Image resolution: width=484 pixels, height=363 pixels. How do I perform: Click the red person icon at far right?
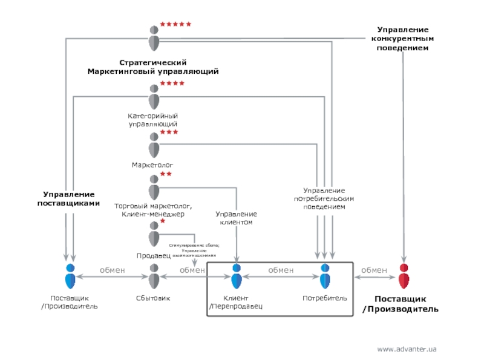click(404, 276)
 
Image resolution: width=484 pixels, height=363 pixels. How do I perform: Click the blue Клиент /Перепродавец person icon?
click(237, 276)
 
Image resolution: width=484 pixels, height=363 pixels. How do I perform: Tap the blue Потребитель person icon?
click(325, 276)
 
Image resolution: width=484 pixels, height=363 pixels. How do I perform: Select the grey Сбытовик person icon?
click(154, 276)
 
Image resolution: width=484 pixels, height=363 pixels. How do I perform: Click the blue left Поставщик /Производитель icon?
click(70, 276)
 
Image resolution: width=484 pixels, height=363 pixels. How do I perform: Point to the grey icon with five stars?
click(154, 38)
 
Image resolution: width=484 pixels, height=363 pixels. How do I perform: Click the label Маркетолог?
click(152, 165)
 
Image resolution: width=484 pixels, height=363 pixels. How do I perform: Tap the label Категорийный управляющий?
click(152, 119)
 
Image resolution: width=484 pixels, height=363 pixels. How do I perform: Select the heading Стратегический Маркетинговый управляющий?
click(152, 67)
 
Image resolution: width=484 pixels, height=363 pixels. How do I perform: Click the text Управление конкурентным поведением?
click(403, 39)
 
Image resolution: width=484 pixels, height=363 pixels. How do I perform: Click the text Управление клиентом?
click(236, 218)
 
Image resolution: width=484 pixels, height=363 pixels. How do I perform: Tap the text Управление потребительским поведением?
click(324, 198)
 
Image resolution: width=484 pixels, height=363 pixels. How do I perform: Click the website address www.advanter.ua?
click(407, 349)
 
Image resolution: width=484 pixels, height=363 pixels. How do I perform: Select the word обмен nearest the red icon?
click(374, 270)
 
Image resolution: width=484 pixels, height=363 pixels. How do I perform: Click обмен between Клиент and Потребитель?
click(281, 270)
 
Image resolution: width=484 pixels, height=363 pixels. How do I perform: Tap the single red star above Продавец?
click(163, 221)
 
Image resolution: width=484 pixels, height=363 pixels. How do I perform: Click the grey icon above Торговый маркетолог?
click(154, 186)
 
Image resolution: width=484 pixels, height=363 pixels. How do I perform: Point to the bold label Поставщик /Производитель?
click(400, 304)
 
